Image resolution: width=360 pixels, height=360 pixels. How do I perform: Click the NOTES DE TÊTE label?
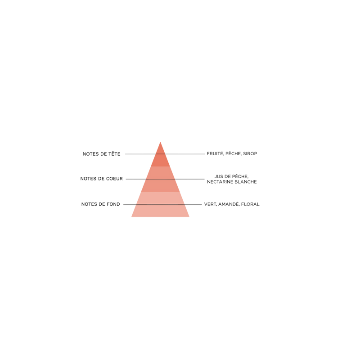102,154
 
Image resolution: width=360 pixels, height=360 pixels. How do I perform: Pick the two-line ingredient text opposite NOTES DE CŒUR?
233,179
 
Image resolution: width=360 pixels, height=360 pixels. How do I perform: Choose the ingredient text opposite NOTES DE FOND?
232,204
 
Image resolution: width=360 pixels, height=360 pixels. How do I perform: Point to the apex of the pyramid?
160,141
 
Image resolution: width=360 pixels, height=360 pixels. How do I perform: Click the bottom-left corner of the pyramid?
130,218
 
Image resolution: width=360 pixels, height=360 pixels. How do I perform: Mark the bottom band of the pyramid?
160,211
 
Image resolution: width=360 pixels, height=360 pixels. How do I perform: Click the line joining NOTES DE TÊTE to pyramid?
139,154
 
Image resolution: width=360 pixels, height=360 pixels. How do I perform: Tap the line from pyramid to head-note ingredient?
184,154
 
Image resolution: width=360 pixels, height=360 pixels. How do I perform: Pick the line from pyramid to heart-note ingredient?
189,179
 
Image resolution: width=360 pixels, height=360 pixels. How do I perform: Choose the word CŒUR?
115,179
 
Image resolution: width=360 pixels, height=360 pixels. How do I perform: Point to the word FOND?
115,204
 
